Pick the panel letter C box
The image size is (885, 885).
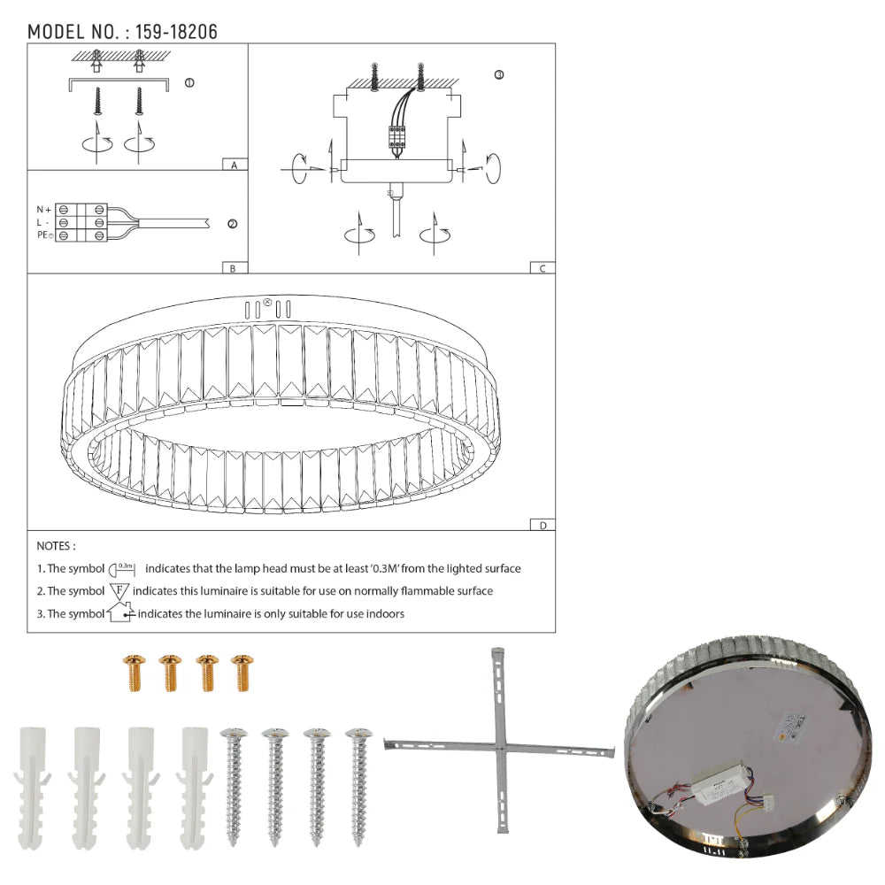[543, 268]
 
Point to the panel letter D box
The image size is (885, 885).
[543, 525]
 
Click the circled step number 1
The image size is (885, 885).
[189, 83]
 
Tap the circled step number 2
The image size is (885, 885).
[232, 225]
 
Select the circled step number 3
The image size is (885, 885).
[499, 75]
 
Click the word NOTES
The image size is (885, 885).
[56, 547]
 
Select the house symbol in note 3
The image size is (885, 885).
[119, 612]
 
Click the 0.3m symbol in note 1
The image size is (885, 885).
[123, 568]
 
